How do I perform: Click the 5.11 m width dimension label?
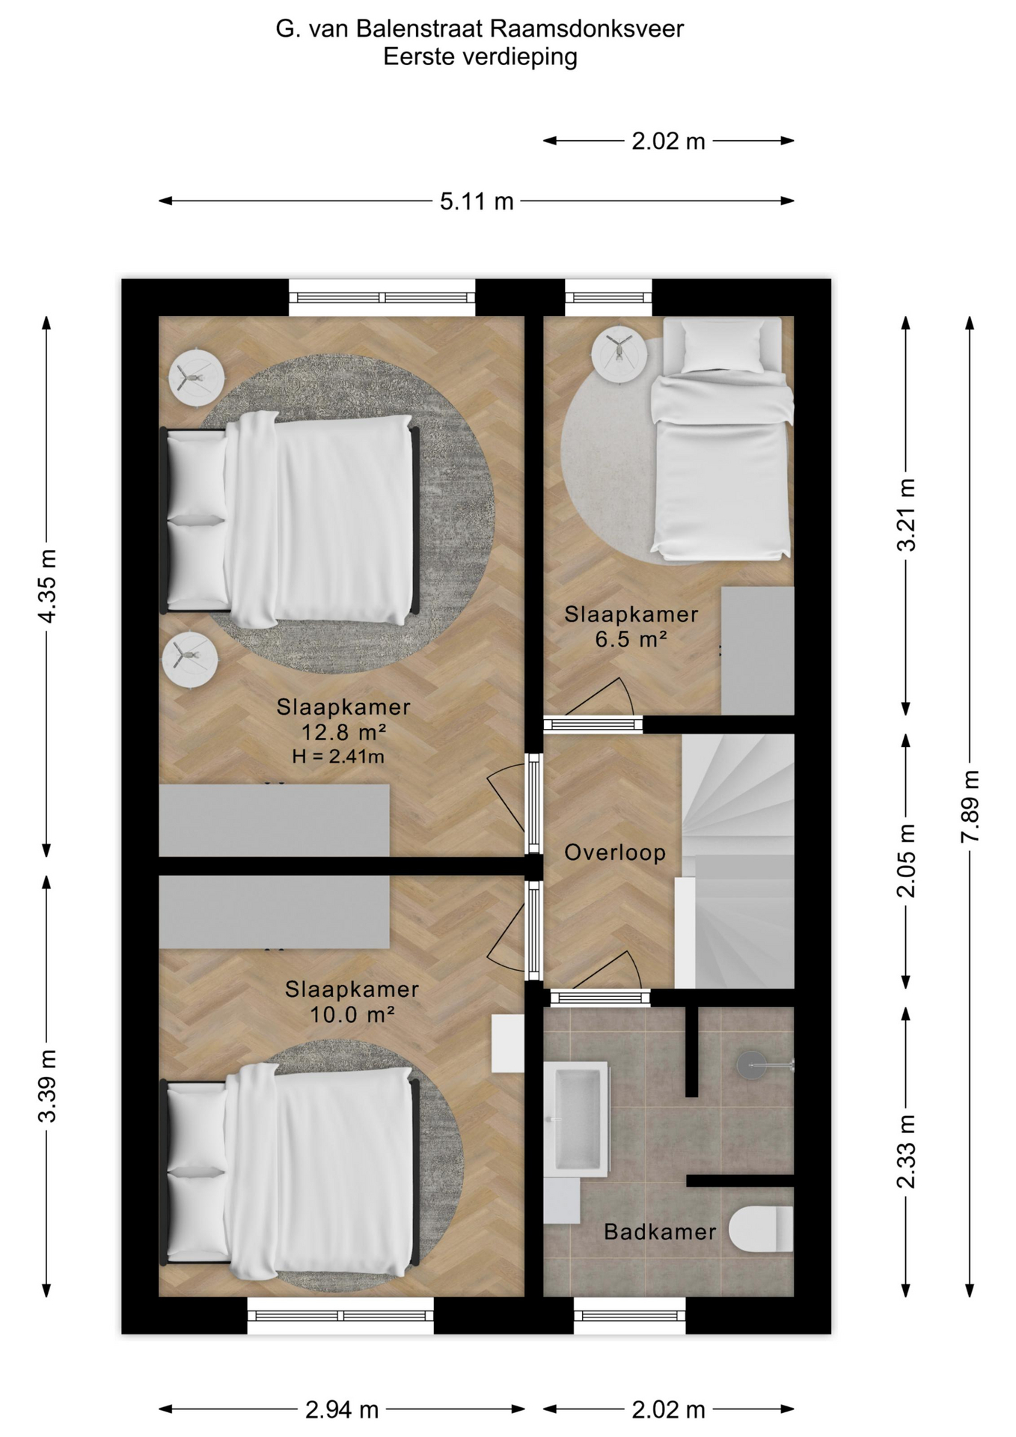[477, 201]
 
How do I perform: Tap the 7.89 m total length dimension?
[970, 806]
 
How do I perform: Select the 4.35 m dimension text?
[46, 586]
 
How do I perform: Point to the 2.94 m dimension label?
[342, 1410]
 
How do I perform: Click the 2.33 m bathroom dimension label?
[906, 1152]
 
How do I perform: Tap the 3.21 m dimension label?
[906, 515]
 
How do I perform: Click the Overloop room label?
[615, 852]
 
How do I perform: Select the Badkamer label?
[660, 1232]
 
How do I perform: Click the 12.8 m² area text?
[343, 731]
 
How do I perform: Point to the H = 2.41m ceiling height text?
[338, 757]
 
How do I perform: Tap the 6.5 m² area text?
[631, 639]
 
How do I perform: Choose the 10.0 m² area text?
[352, 1014]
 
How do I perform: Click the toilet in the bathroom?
[761, 1229]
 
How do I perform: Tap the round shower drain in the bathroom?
[752, 1065]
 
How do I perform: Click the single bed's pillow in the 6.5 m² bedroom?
[721, 347]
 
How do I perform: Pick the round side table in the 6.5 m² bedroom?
[620, 356]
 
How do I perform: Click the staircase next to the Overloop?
[737, 861]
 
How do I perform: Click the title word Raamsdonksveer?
[587, 29]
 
